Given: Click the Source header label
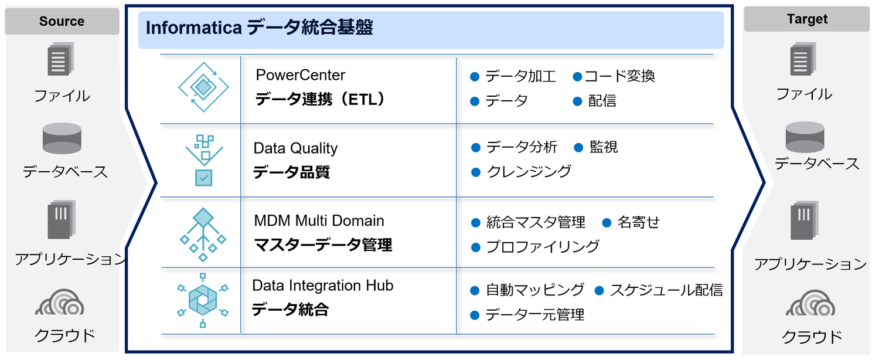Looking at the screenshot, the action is (62, 21).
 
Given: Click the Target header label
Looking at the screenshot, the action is (807, 19).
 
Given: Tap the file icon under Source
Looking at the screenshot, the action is (61, 59).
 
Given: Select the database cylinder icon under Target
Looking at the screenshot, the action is (805, 137).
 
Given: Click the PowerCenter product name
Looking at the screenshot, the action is (300, 75).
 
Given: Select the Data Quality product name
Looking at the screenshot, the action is (295, 148).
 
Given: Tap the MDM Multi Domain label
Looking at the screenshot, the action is (319, 220).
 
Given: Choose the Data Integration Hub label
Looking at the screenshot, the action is (322, 286).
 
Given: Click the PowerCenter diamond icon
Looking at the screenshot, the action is (203, 87).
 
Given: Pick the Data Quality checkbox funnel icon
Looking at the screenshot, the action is (204, 160).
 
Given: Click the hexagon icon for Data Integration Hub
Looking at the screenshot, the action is (203, 300).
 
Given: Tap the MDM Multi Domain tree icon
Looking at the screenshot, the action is (203, 235).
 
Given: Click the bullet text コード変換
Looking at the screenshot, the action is (619, 76).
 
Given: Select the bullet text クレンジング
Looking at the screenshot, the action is (529, 172).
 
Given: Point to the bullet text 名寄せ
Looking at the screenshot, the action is (639, 222).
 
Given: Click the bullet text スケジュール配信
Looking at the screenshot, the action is (666, 290).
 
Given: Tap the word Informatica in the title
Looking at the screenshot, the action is (194, 28).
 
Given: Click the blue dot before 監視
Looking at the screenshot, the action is (578, 148).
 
